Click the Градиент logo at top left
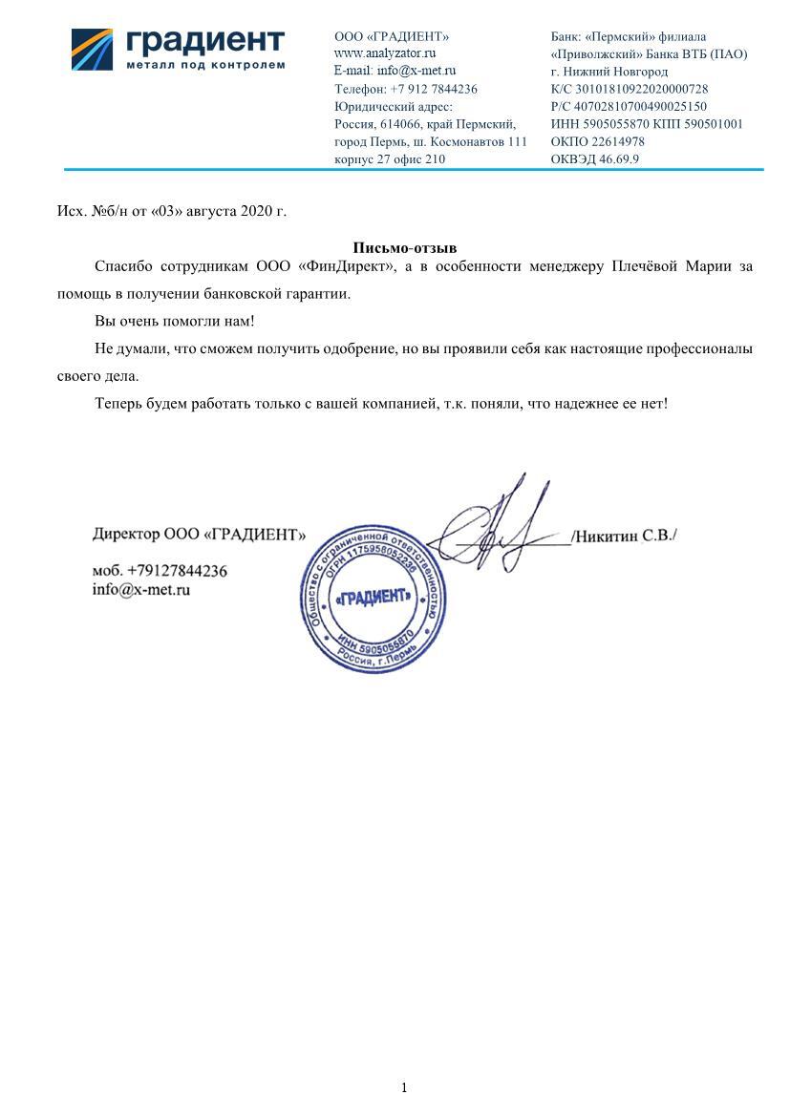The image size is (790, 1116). click(179, 48)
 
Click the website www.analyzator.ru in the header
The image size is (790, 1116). click(385, 53)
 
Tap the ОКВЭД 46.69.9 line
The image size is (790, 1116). click(595, 159)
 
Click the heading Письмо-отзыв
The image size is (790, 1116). click(405, 248)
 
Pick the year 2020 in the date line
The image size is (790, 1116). click(256, 211)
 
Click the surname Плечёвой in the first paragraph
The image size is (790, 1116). click(645, 266)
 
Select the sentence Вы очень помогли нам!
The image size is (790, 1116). click(175, 322)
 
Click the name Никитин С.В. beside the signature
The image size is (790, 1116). click(624, 537)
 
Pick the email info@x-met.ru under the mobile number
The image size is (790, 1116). click(141, 590)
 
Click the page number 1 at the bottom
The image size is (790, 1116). click(404, 1087)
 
